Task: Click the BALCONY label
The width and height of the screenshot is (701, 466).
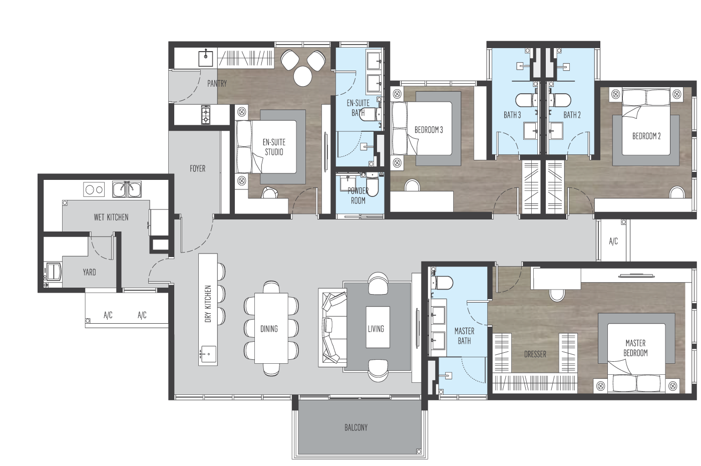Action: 356,427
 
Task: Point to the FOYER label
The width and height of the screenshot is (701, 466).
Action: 197,168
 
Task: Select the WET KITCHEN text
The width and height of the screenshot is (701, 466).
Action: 111,217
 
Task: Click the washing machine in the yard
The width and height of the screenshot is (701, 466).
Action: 53,272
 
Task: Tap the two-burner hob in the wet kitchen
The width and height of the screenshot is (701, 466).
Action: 94,189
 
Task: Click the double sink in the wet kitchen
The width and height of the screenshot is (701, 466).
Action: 126,189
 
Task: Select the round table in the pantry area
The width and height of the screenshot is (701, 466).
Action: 303,76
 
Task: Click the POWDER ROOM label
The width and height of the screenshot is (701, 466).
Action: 358,195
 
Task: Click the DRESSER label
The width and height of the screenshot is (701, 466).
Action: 535,354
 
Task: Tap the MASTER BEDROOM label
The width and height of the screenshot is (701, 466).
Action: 635,348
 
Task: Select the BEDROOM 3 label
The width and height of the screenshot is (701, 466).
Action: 429,130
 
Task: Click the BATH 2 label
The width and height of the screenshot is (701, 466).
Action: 572,115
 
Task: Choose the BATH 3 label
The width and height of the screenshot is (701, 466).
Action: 512,115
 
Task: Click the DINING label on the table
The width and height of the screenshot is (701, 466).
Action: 269,329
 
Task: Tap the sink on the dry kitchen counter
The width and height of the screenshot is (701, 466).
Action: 208,353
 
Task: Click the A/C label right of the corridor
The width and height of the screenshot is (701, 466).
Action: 613,242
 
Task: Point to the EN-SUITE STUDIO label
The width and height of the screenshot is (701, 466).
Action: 274,147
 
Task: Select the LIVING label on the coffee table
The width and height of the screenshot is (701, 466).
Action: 376,329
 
